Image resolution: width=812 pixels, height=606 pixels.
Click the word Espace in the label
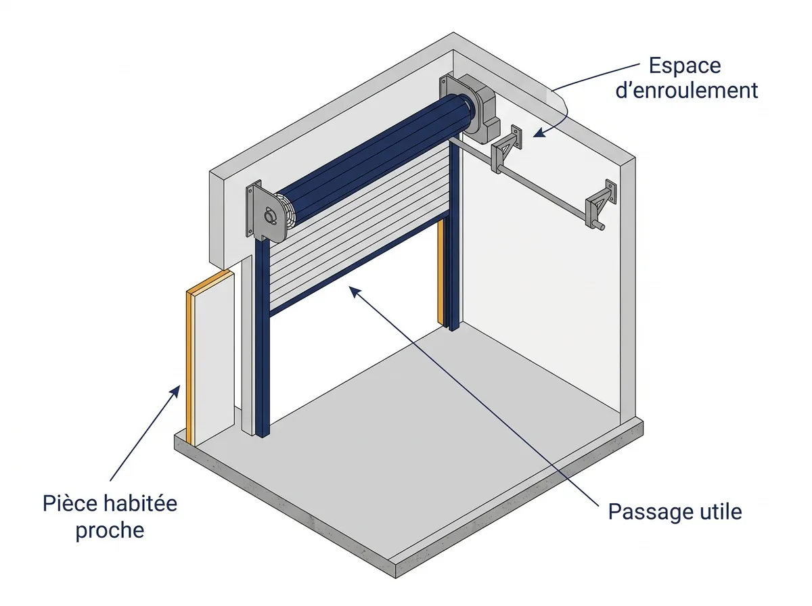pyautogui.click(x=684, y=66)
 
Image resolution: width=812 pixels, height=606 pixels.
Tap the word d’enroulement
pyautogui.click(x=687, y=90)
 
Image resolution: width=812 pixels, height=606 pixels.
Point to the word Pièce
pyautogui.click(x=70, y=504)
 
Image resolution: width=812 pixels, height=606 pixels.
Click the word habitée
pyautogui.click(x=140, y=504)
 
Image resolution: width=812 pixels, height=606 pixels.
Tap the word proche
pyautogui.click(x=110, y=531)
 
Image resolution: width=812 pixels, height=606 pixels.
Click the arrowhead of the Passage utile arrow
pyautogui.click(x=355, y=292)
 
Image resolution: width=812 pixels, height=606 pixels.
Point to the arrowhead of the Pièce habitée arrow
pyautogui.click(x=177, y=391)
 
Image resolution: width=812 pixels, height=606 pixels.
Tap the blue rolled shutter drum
pyautogui.click(x=374, y=159)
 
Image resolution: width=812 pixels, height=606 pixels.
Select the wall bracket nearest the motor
pyautogui.click(x=506, y=149)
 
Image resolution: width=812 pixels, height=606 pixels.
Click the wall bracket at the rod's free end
pyautogui.click(x=600, y=204)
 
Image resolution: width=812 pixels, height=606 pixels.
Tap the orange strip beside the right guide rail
pyautogui.click(x=441, y=272)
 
